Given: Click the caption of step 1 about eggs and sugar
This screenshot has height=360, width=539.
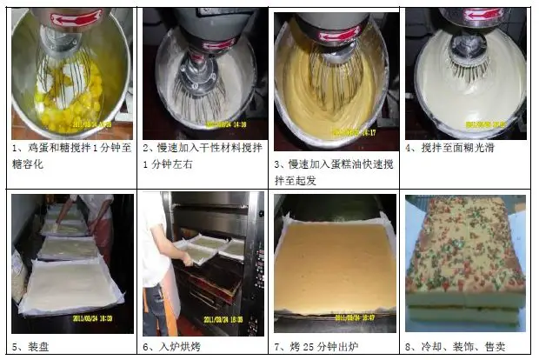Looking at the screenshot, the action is pos(72,156).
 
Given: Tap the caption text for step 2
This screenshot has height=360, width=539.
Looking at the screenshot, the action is pos(203,156).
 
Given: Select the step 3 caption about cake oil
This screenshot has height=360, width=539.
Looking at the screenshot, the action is pos(334,172).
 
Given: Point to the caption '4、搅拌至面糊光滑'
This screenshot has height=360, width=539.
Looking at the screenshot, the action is pos(449,148).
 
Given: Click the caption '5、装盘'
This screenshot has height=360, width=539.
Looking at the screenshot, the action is pos(30,347).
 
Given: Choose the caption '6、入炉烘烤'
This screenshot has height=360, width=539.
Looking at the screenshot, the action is pos(171,347).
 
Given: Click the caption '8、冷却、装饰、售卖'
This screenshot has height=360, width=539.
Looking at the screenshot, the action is pos(456,347).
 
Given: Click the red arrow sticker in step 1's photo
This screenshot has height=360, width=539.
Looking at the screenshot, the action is pos(76,18).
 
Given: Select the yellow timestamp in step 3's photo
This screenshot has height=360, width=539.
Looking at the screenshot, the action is pos(354,132).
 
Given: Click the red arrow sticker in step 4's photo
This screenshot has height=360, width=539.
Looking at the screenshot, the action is pos(484,16).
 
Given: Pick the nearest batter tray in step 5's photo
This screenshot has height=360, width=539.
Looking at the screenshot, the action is pos(71,287).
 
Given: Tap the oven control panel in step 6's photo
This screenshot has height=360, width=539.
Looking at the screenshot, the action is pos(258,275).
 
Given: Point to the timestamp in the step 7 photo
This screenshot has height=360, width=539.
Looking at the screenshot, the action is pos(356,317).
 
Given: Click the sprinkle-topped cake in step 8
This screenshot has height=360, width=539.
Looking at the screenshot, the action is pos(465,263).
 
